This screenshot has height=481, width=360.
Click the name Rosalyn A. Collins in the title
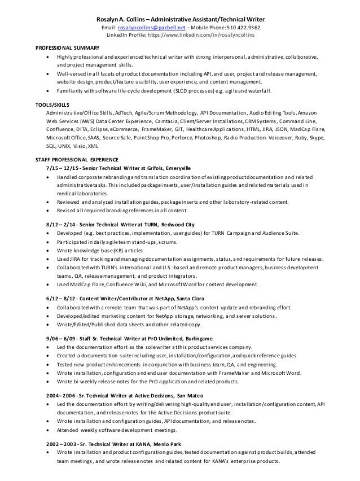coord(116,18)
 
